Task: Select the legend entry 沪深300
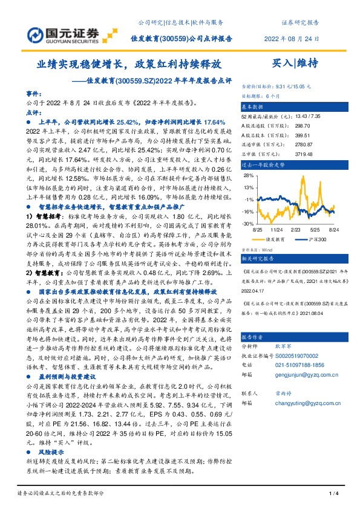click(316, 239)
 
